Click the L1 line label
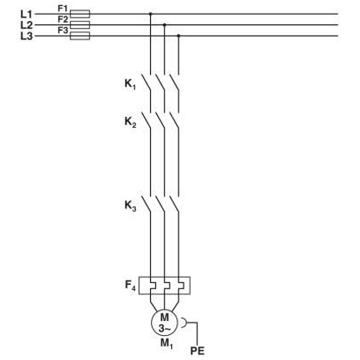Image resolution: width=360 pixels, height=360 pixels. (x=26, y=14)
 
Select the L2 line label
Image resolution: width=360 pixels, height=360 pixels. (x=27, y=25)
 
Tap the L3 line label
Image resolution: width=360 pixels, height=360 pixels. (x=27, y=36)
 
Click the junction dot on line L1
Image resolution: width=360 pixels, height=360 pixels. (x=150, y=14)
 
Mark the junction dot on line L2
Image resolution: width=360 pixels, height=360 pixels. (x=164, y=25)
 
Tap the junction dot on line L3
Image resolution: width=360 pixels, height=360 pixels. (x=179, y=36)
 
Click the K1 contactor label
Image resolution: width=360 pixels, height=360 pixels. (x=130, y=84)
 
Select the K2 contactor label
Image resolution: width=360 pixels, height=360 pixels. (x=130, y=122)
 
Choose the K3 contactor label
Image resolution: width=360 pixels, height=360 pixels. (x=130, y=206)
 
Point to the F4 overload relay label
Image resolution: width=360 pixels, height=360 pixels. (x=130, y=285)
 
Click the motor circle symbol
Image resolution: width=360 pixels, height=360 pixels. (x=151, y=323)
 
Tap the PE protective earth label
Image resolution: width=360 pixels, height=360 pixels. (x=197, y=351)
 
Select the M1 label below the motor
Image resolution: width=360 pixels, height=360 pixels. (x=166, y=344)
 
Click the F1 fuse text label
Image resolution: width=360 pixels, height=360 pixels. (x=63, y=9)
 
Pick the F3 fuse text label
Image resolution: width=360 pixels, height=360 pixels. (x=63, y=30)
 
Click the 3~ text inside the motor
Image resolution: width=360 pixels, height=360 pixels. (x=164, y=329)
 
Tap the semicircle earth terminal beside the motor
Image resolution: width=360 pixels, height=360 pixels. (x=186, y=323)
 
